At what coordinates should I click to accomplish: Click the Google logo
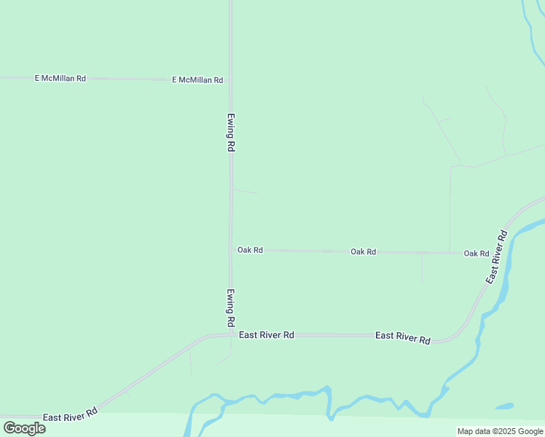[x=25, y=428]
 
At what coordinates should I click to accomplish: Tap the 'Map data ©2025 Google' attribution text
[x=501, y=431]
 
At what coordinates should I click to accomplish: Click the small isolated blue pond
[x=504, y=406]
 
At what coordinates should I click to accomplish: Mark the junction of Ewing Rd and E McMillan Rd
[x=230, y=79]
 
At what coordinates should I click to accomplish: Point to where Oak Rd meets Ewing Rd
[x=231, y=250]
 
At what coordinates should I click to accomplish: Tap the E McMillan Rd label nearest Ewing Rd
[x=197, y=80]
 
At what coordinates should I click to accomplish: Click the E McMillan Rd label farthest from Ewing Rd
[x=60, y=78]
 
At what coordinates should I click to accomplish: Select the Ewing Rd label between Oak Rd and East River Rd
[x=230, y=307]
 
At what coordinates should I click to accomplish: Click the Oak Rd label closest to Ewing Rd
[x=250, y=250]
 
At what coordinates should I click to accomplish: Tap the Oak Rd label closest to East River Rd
[x=477, y=253]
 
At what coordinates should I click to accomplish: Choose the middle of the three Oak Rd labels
[x=363, y=251]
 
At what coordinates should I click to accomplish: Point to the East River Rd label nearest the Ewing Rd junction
[x=266, y=335]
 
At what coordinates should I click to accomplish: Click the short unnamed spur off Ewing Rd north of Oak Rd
[x=245, y=192]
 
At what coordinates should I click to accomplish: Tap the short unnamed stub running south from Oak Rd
[x=422, y=268]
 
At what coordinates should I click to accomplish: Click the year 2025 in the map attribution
[x=507, y=431]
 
